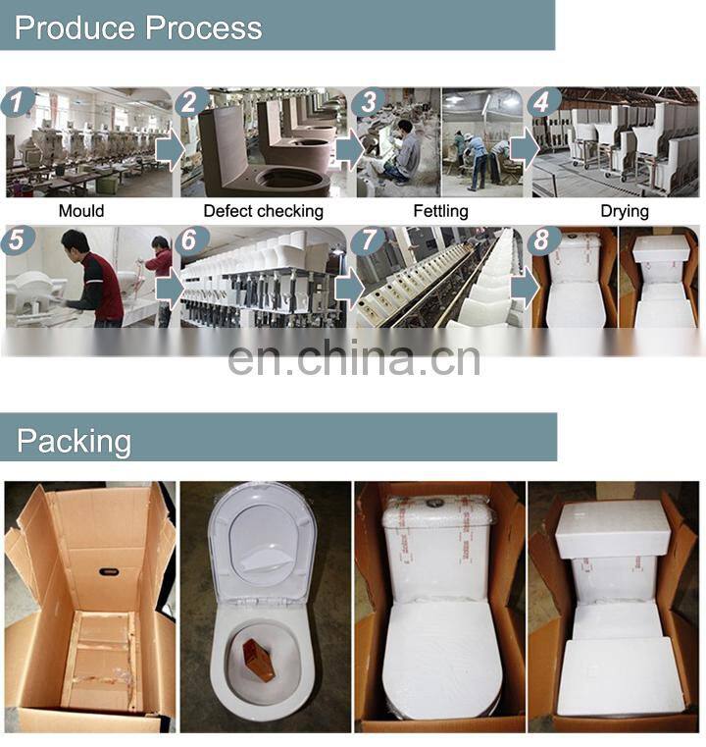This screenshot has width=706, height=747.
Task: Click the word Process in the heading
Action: tap(204, 27)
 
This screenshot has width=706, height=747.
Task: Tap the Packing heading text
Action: tap(74, 441)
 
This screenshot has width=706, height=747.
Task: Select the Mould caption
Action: tap(81, 211)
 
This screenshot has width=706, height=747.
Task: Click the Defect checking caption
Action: tap(264, 211)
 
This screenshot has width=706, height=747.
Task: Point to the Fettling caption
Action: tap(440, 211)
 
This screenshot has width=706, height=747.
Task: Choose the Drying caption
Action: tap(625, 211)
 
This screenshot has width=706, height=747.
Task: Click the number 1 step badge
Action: tap(18, 102)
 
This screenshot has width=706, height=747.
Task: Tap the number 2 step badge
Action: tap(192, 102)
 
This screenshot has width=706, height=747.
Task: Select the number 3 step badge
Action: tap(368, 102)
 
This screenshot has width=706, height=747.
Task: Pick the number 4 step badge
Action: tap(543, 102)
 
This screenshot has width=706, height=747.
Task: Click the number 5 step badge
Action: tap(18, 240)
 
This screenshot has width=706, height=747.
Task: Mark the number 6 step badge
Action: tap(192, 240)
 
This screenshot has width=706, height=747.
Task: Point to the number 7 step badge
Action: tap(368, 240)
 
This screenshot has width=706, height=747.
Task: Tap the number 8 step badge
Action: tap(543, 240)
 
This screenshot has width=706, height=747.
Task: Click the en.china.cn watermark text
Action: tap(354, 357)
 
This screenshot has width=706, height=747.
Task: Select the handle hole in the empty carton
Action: tap(111, 571)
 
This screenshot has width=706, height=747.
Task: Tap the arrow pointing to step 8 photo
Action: tap(526, 287)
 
